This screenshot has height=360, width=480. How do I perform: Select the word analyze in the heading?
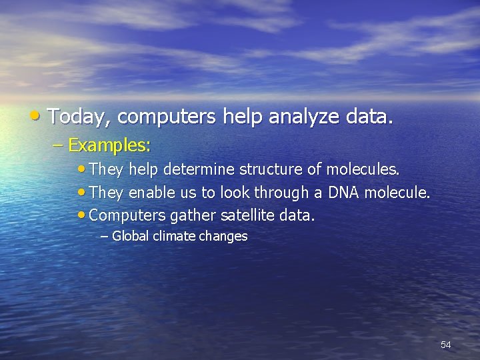click(x=305, y=117)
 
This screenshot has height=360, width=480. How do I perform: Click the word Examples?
click(x=110, y=145)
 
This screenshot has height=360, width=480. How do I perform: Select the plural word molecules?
click(x=363, y=170)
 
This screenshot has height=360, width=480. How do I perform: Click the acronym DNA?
click(x=344, y=193)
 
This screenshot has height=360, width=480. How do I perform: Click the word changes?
click(x=225, y=236)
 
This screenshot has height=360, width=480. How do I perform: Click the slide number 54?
click(x=446, y=345)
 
